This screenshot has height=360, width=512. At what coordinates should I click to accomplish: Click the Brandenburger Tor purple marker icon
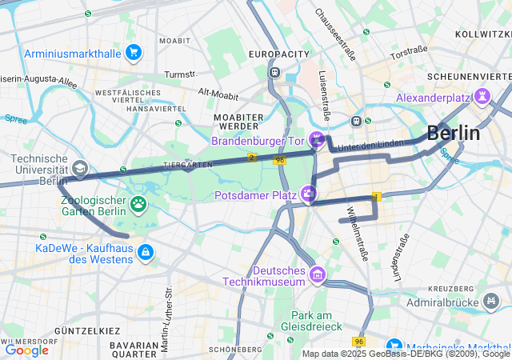(317, 141)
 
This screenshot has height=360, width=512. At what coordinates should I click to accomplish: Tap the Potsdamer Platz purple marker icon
(308, 194)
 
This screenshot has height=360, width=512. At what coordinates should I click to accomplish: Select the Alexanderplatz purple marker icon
(482, 97)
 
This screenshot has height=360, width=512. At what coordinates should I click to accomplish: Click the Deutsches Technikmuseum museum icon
(318, 275)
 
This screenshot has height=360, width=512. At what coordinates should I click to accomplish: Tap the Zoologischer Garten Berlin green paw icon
(139, 205)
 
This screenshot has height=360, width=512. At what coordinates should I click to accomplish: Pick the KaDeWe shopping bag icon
(145, 253)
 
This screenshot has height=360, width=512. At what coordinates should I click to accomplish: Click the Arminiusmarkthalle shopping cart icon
(133, 54)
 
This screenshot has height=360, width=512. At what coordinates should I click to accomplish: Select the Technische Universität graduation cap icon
(80, 169)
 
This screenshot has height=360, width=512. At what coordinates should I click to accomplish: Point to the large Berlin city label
(454, 133)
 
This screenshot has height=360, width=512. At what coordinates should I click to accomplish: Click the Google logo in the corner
(26, 350)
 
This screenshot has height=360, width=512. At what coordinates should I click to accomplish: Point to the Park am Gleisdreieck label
(306, 321)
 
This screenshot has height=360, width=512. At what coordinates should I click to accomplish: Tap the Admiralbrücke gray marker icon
(491, 302)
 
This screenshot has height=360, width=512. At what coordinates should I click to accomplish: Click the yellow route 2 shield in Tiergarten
(252, 158)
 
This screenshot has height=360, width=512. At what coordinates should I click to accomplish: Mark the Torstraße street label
(409, 53)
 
